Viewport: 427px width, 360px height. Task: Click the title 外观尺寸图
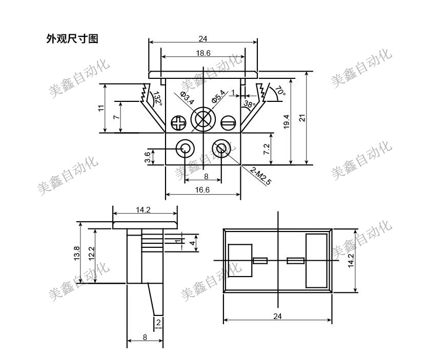click(x=72, y=39)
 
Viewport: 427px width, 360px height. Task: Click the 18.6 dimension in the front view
click(x=203, y=53)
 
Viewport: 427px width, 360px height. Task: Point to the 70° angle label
click(x=279, y=91)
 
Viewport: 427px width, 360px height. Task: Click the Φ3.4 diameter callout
click(x=187, y=97)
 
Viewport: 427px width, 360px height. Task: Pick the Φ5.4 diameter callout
click(x=218, y=96)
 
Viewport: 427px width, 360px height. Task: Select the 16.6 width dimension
click(x=203, y=189)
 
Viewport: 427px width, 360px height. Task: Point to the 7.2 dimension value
click(x=267, y=149)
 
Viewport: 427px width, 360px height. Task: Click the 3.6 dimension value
click(x=148, y=157)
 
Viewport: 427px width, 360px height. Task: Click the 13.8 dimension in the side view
click(x=76, y=253)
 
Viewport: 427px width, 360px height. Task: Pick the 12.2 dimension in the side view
click(x=92, y=253)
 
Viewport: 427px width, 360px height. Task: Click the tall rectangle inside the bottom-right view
click(x=316, y=260)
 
